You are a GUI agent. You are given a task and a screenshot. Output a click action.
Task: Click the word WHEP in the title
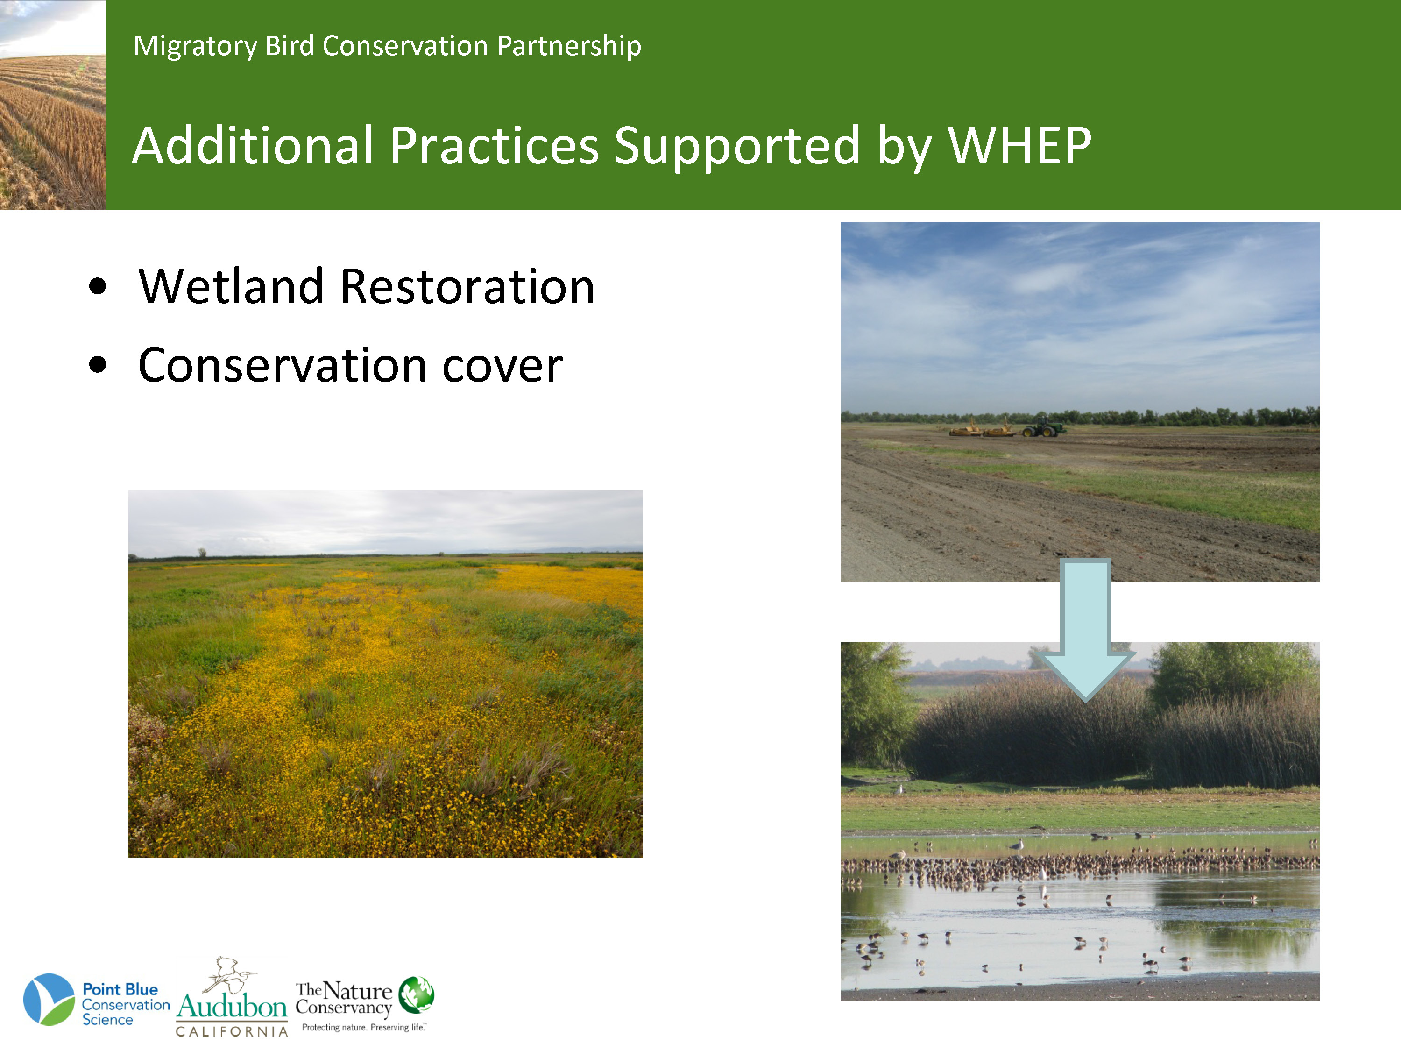click(1020, 146)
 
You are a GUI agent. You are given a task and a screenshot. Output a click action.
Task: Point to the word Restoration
click(467, 286)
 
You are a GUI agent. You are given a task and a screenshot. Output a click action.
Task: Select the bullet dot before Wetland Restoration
click(98, 286)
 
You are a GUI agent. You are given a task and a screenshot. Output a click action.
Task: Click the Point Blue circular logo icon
click(49, 999)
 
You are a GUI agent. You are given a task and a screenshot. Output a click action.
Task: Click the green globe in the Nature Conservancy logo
click(416, 994)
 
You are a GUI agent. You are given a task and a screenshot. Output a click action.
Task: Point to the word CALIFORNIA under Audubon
click(232, 1032)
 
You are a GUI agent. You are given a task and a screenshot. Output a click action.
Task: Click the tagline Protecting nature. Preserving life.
click(363, 1028)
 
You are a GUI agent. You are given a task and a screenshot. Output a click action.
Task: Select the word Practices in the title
click(494, 146)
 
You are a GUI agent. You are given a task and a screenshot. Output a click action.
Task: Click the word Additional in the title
click(253, 146)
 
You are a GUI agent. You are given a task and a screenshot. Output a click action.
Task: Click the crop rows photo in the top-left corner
click(53, 105)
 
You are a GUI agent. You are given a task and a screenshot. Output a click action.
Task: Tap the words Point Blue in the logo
click(120, 989)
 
